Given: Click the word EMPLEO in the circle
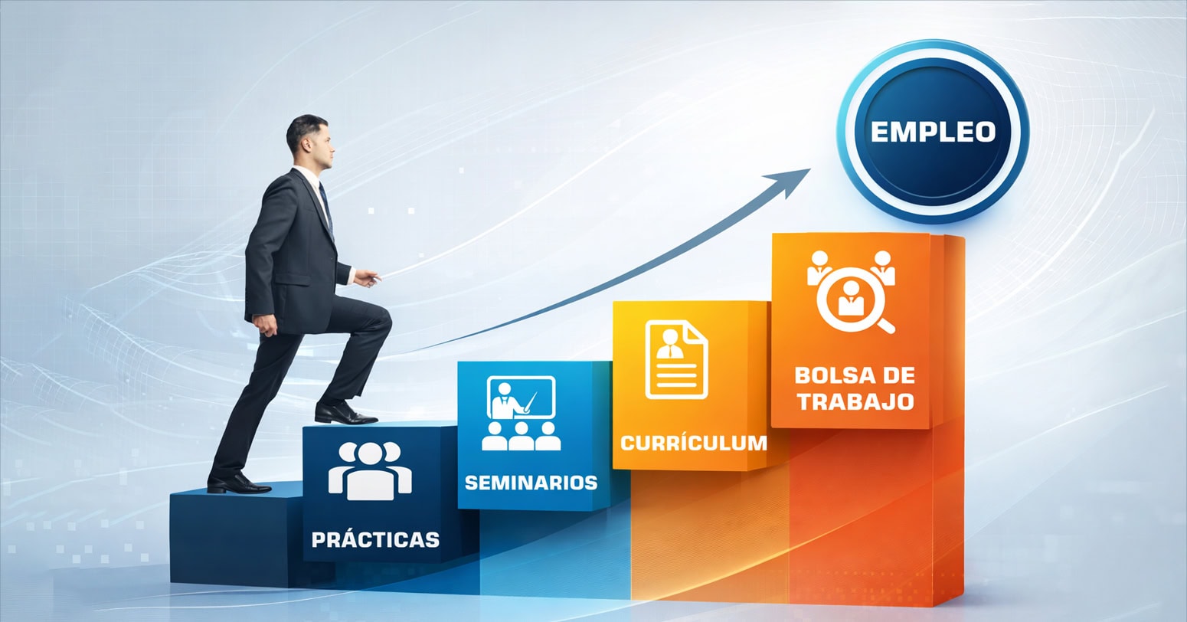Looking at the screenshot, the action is [934, 132].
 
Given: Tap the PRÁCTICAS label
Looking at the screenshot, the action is [376, 539].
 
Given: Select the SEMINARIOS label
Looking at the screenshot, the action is [531, 483].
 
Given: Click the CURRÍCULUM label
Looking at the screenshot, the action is [694, 444].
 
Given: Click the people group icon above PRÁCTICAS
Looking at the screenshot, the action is [370, 471].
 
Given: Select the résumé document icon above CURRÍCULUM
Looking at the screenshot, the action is [677, 359].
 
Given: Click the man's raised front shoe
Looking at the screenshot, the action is [345, 413].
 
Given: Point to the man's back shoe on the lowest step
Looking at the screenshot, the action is [237, 483].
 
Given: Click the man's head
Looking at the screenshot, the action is [311, 141].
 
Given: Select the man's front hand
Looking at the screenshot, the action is [368, 278].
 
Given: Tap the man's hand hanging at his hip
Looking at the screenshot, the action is [266, 325].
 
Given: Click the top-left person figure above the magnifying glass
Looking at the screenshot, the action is [819, 267].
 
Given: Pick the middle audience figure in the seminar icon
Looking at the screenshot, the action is [521, 436].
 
